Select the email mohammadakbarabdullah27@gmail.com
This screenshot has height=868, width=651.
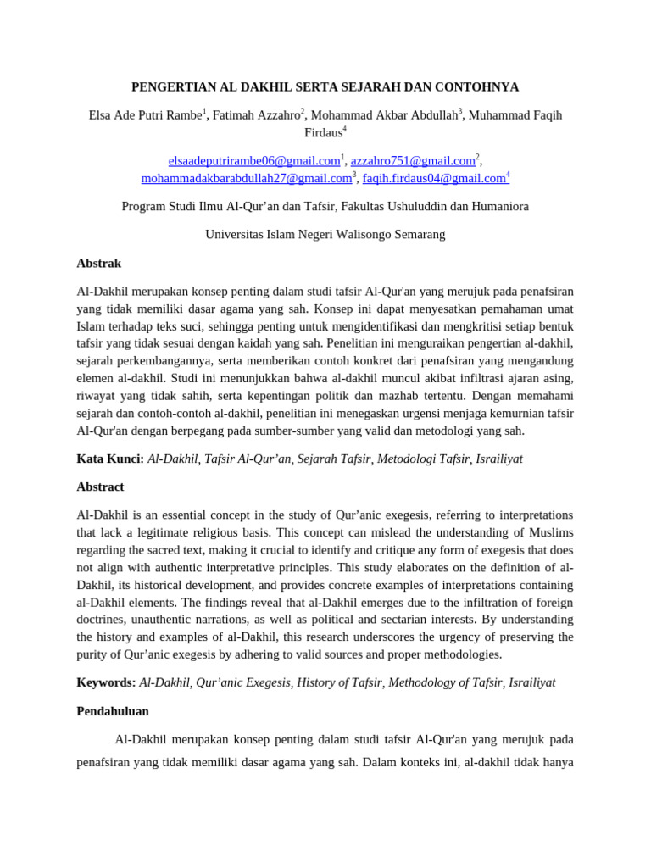[x=246, y=178]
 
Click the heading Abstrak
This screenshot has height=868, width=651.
[x=99, y=264]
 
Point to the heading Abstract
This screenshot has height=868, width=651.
[x=100, y=487]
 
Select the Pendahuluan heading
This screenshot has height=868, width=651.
[x=113, y=711]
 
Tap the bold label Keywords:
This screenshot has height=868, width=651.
[x=106, y=682]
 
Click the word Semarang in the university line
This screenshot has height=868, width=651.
[x=416, y=234]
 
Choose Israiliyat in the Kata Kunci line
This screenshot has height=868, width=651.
[x=499, y=459]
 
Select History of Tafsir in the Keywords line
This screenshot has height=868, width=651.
[x=339, y=682]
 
